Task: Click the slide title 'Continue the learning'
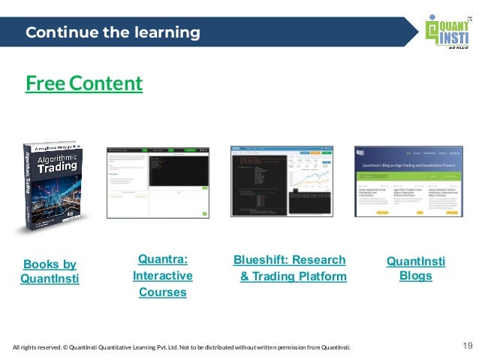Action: pos(113,33)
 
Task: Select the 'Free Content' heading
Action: pos(83,83)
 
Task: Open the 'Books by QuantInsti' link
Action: pos(50,271)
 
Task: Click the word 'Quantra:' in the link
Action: pos(162,260)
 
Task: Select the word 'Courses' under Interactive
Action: pos(162,292)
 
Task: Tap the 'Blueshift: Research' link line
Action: pos(289,260)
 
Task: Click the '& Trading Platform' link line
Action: pos(293,277)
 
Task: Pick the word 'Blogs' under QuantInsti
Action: pos(415,276)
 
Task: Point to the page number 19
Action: pos(467,346)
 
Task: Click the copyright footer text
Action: pos(181,346)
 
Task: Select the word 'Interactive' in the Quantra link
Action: pos(162,276)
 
